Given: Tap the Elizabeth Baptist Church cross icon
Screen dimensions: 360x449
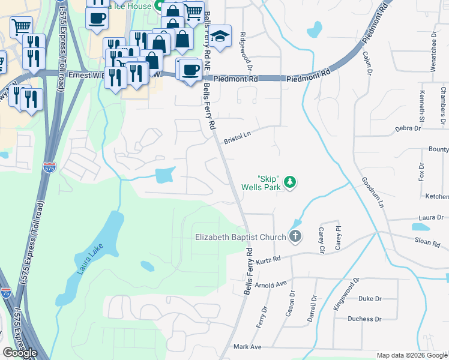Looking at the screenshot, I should pos(294,236).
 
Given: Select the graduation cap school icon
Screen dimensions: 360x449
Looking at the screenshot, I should pos(220,35).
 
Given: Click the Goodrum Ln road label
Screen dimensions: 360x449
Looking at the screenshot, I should pos(372,191).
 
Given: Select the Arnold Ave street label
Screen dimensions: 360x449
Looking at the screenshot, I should pos(271,284).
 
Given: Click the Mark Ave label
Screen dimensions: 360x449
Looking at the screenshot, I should pos(248,347).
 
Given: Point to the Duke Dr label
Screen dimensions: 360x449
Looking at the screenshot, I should pos(370,298).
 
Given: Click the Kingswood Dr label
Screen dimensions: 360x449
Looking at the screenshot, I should pos(346,294).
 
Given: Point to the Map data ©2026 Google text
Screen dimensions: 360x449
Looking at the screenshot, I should pos(412,355).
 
